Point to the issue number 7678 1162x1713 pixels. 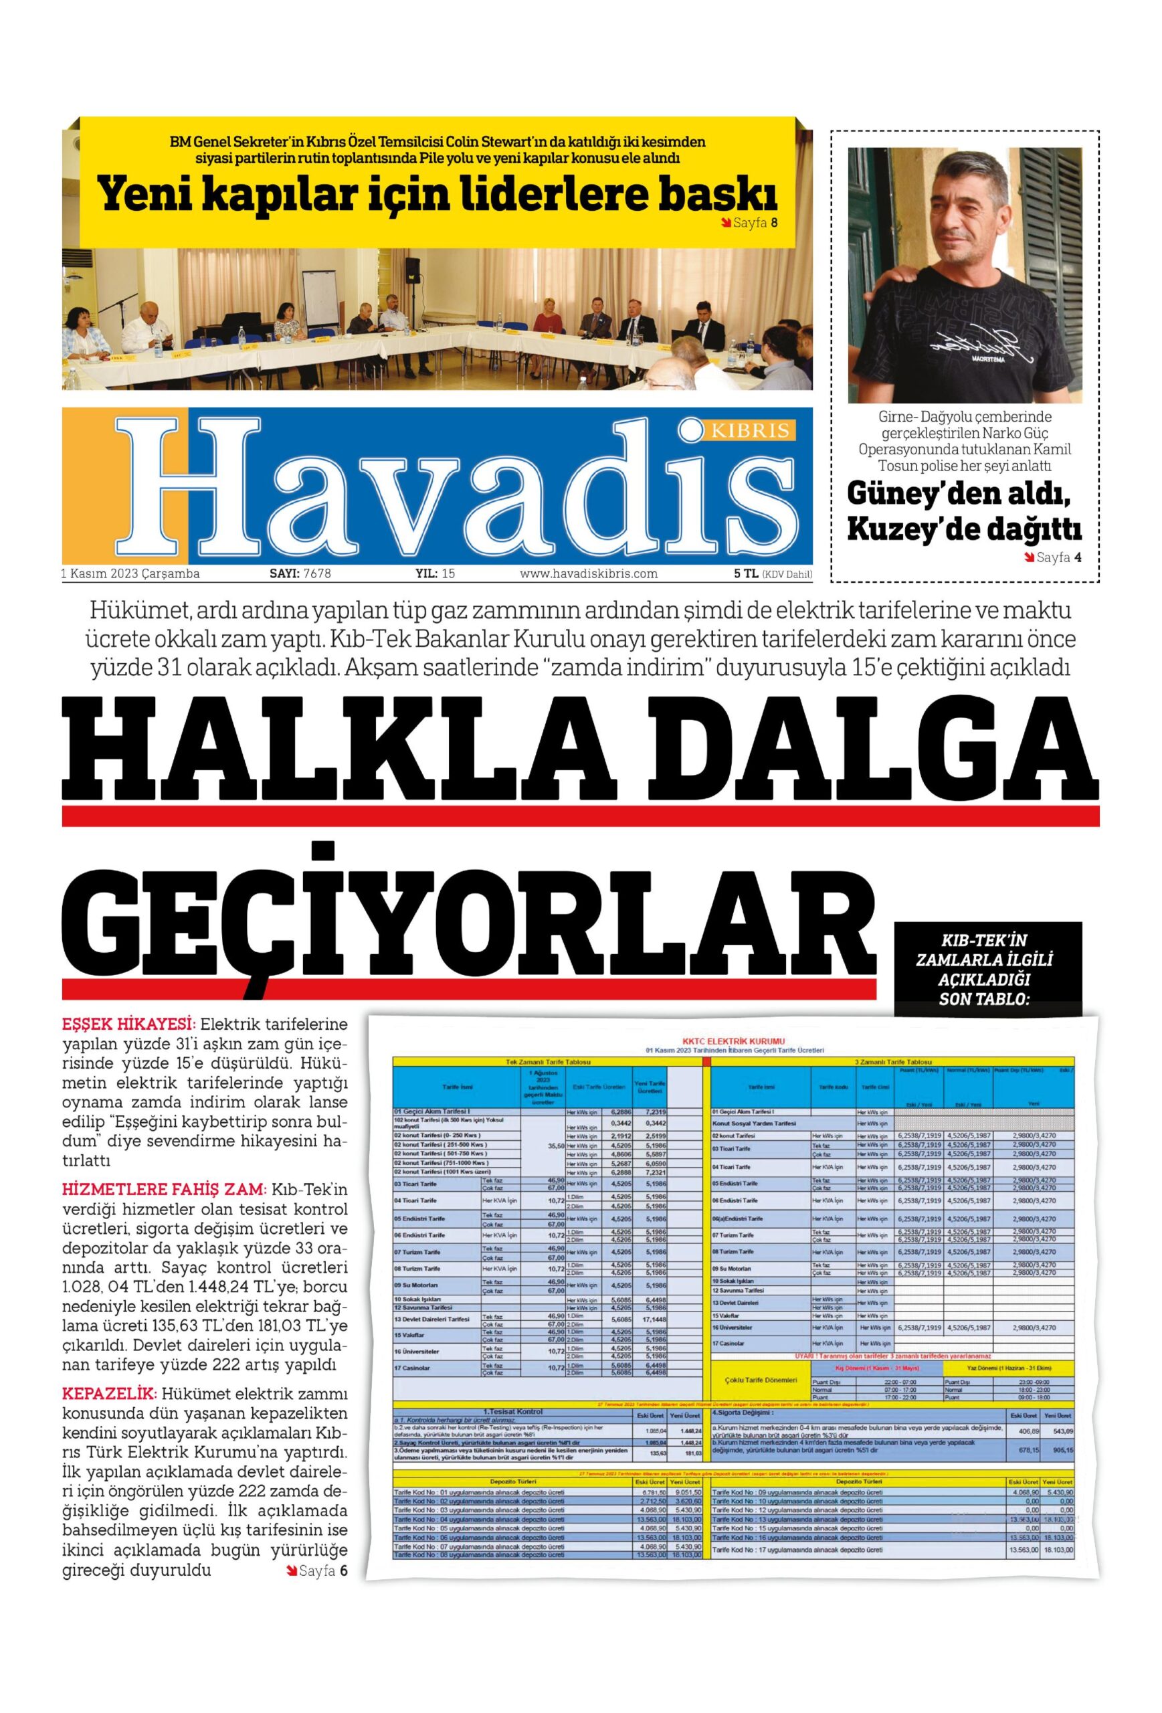[317, 573]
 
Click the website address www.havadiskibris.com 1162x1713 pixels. [588, 573]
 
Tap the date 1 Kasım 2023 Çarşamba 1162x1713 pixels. [130, 573]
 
